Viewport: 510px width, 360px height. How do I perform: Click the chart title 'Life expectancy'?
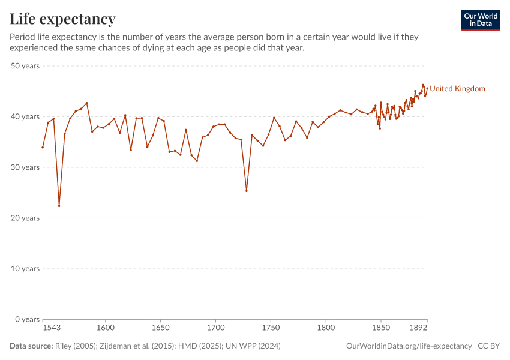(x=62, y=19)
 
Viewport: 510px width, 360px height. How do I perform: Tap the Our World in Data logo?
(x=481, y=20)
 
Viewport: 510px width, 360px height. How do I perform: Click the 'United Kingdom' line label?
(x=457, y=89)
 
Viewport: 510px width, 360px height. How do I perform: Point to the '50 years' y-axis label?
(x=25, y=66)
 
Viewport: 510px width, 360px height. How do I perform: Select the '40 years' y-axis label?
(x=25, y=116)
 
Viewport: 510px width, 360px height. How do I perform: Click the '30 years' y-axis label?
(x=25, y=167)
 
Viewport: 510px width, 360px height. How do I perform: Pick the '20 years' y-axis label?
(x=25, y=218)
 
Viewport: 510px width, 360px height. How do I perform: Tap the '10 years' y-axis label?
(x=25, y=268)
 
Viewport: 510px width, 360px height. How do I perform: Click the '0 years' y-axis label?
(x=27, y=319)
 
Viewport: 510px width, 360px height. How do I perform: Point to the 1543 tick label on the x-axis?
(x=52, y=328)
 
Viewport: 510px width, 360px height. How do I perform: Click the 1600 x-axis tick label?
(x=106, y=328)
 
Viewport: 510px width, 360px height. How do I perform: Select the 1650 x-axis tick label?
(x=160, y=328)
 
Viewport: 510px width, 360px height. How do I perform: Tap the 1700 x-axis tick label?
(x=215, y=328)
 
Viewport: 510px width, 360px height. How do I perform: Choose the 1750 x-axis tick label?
(x=271, y=328)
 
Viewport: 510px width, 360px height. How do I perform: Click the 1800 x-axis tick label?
(x=326, y=328)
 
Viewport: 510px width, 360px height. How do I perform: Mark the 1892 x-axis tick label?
(x=418, y=328)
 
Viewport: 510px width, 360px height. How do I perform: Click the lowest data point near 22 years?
(x=59, y=206)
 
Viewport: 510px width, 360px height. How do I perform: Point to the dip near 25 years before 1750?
(x=247, y=191)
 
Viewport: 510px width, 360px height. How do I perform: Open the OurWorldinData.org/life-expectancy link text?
(x=409, y=346)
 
